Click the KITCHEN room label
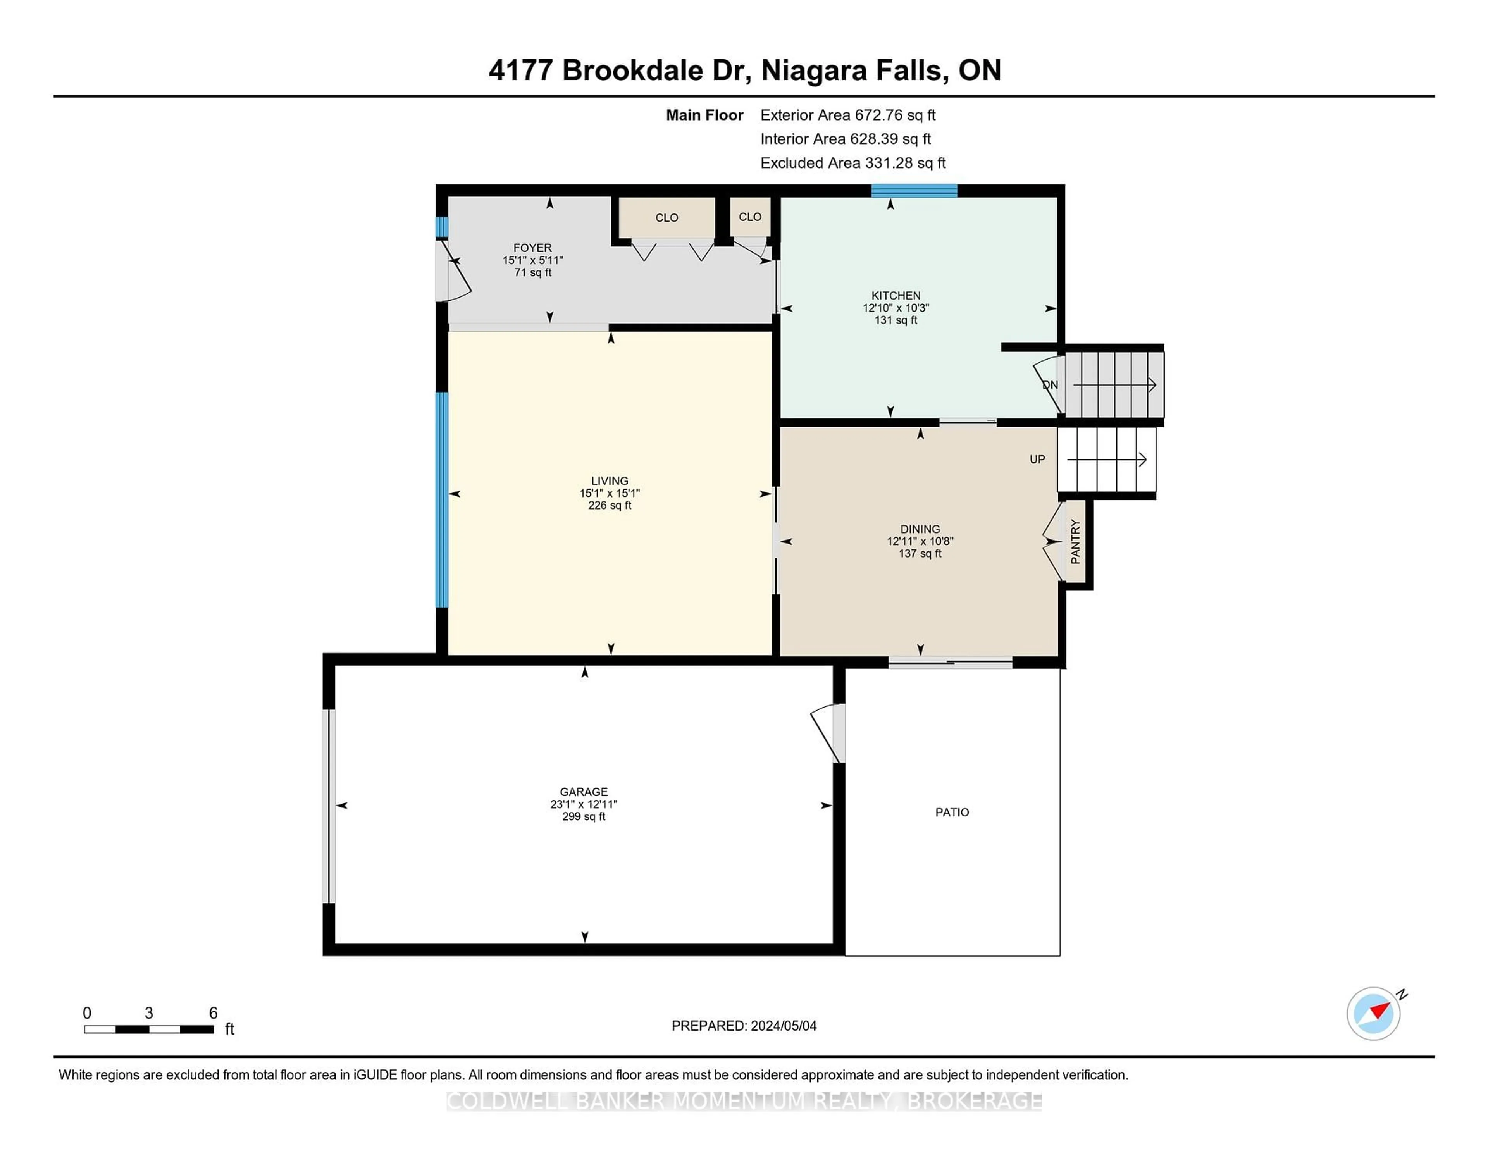(x=895, y=295)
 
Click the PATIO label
(x=951, y=812)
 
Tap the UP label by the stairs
(x=1036, y=459)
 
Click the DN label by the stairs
(x=1050, y=385)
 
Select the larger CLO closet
(x=666, y=217)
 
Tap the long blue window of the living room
(x=442, y=499)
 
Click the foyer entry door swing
(x=455, y=272)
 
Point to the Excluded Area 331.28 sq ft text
(x=852, y=163)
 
